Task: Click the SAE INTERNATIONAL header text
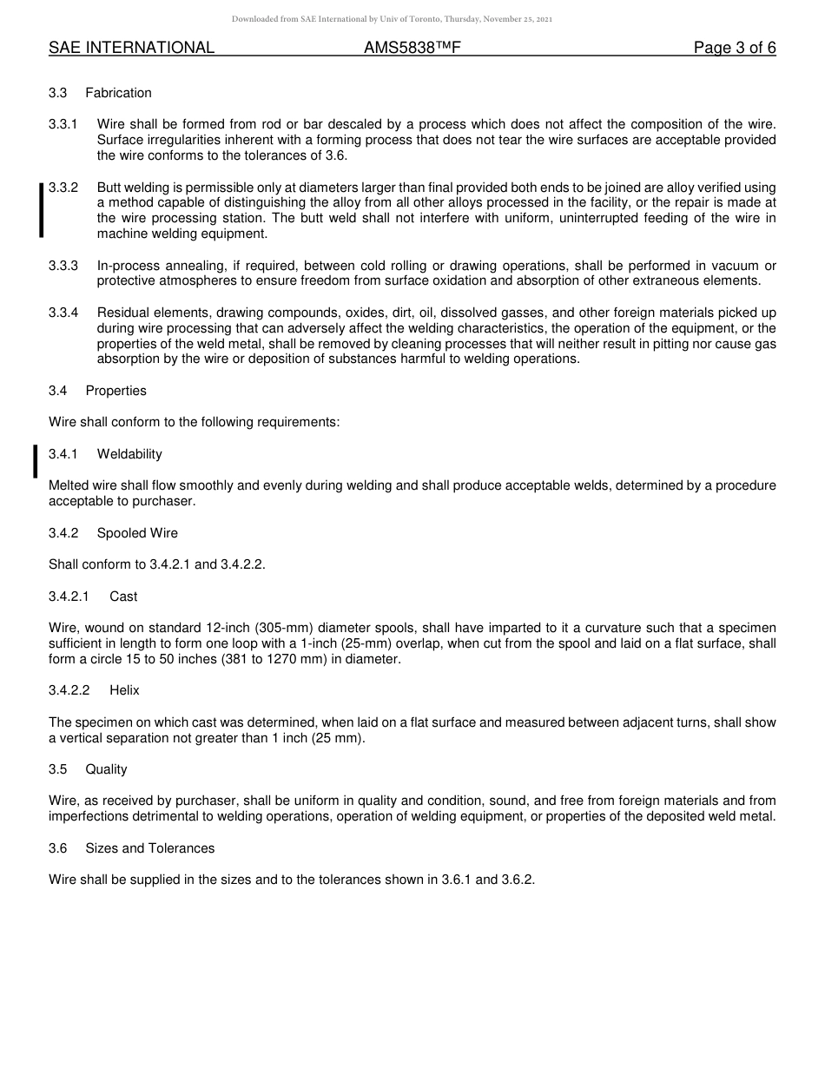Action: click(131, 48)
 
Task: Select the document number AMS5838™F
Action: click(412, 48)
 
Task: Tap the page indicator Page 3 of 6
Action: click(734, 48)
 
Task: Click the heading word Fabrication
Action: click(118, 93)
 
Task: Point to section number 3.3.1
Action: click(63, 124)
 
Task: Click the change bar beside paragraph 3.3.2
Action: click(41, 210)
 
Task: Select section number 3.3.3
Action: click(63, 265)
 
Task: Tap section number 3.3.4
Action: click(63, 313)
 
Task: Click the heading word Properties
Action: click(115, 391)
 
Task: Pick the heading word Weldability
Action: click(129, 454)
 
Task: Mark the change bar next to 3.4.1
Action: click(35, 461)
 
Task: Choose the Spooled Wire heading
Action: click(137, 533)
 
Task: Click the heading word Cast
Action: click(123, 597)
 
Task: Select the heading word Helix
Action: click(124, 690)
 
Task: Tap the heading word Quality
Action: click(106, 769)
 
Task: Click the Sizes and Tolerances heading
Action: click(149, 848)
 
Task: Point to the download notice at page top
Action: click(392, 18)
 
